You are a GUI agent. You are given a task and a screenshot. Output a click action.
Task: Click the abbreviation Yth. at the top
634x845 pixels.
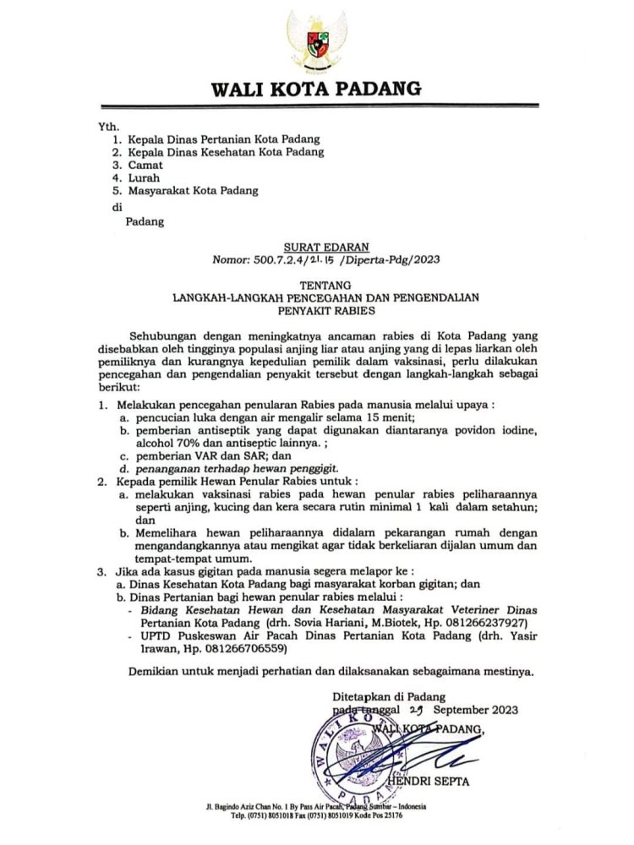click(x=111, y=126)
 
